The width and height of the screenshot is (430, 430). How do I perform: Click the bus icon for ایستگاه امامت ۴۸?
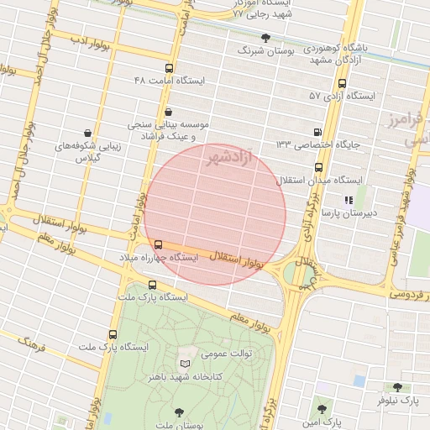169,69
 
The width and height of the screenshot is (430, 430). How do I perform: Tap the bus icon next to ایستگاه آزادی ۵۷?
341,83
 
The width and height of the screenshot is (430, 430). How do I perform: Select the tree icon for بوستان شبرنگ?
266,38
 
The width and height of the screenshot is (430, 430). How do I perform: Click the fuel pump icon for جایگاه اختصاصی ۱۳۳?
317,132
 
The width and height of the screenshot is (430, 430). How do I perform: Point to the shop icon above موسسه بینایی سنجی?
168,112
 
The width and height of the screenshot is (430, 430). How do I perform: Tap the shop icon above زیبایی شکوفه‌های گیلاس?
88,133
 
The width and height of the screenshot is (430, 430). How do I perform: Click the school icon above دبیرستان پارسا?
348,200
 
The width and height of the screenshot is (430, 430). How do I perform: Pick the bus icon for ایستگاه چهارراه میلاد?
159,244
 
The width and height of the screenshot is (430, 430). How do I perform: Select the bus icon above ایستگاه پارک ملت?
152,285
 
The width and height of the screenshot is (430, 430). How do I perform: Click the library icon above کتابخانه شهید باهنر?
186,364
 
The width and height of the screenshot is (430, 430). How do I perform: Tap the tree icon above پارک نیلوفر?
397,387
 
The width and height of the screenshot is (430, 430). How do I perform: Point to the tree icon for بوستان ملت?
179,411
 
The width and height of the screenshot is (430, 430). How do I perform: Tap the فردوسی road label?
412,295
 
